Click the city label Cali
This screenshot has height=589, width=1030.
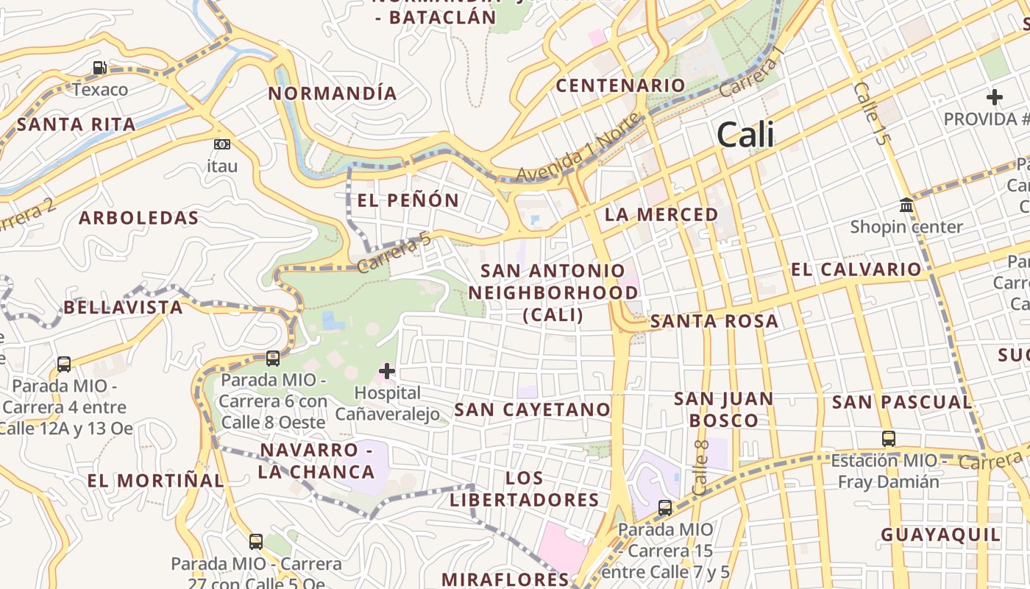[x=745, y=135]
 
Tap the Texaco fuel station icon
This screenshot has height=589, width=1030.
[x=99, y=68]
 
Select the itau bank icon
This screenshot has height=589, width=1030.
[x=221, y=144]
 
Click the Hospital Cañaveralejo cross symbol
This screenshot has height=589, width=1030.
[x=387, y=371]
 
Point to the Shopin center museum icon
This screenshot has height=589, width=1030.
[x=906, y=205]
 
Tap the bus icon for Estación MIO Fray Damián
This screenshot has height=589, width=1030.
[x=889, y=439]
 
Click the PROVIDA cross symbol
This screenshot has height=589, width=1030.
[x=995, y=96]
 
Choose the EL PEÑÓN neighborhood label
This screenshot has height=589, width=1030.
[x=408, y=200]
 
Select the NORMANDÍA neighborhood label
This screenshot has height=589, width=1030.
[x=333, y=94]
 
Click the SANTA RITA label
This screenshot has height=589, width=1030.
[x=76, y=124]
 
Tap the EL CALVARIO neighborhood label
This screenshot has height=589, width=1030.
[x=856, y=269]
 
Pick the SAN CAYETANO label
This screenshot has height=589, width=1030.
[x=533, y=409]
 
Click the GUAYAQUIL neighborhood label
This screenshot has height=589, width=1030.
[x=941, y=535]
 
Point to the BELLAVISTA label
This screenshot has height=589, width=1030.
[x=123, y=307]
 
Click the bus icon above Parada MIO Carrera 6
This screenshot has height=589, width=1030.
[x=273, y=359]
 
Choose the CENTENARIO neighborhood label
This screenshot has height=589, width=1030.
[x=620, y=85]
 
